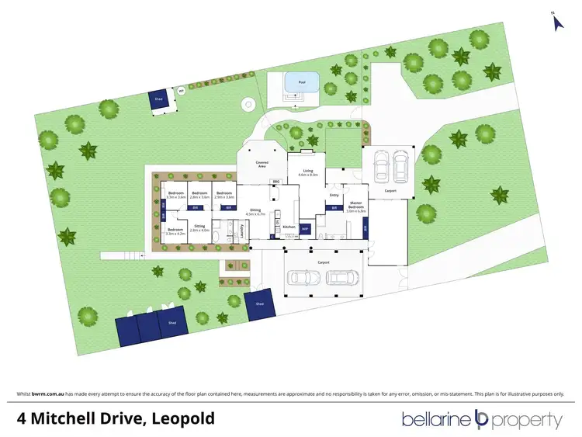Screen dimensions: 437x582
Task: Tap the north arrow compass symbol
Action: pyautogui.click(x=556, y=22)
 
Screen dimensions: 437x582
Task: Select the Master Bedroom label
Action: pyautogui.click(x=355, y=206)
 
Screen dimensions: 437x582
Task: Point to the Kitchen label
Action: pyautogui.click(x=289, y=227)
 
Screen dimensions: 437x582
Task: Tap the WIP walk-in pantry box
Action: pyautogui.click(x=305, y=229)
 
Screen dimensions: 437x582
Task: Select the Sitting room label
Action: pyautogui.click(x=200, y=227)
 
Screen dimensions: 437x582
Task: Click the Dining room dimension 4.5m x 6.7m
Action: pyautogui.click(x=255, y=212)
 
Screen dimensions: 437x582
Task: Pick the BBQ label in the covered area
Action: pyautogui.click(x=275, y=182)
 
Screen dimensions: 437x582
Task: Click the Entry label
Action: pyautogui.click(x=334, y=195)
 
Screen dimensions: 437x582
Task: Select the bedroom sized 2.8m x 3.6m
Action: pyautogui.click(x=199, y=195)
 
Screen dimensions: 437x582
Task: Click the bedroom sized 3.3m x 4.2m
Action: pyautogui.click(x=175, y=231)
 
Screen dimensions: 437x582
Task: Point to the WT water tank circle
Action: pyautogui.click(x=181, y=92)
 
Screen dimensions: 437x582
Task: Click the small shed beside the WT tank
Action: pyautogui.click(x=161, y=102)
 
